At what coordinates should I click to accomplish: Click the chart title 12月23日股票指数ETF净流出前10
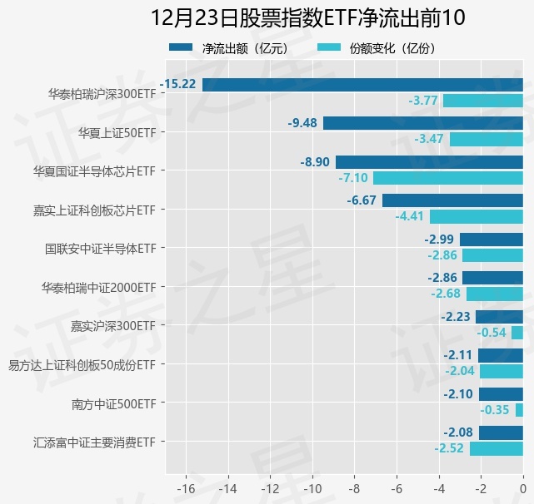pos(308,17)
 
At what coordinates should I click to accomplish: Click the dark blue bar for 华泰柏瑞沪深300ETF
pos(362,84)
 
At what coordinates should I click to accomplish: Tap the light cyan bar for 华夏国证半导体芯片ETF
pos(448,178)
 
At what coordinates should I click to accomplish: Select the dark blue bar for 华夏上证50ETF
pos(423,123)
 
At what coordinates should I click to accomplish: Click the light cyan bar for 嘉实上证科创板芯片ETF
pos(477,216)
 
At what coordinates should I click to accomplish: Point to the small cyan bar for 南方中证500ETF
pos(519,410)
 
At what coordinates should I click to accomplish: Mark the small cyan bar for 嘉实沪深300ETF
pos(517,333)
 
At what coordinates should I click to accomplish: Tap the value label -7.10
pos(353,178)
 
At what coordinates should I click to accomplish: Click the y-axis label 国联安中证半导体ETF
pos(101,248)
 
